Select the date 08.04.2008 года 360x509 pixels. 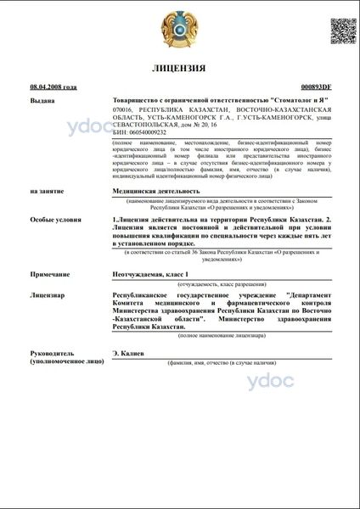pos(53,87)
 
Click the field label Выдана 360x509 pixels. pos(42,99)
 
